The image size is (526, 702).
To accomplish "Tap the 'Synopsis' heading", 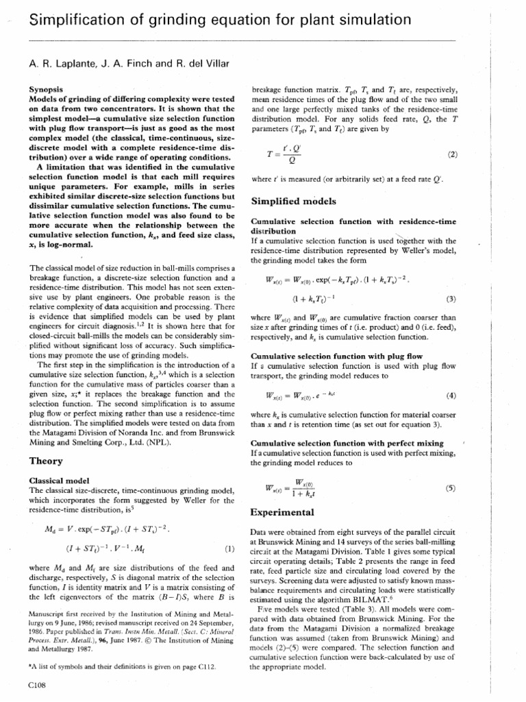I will click(49, 89).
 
